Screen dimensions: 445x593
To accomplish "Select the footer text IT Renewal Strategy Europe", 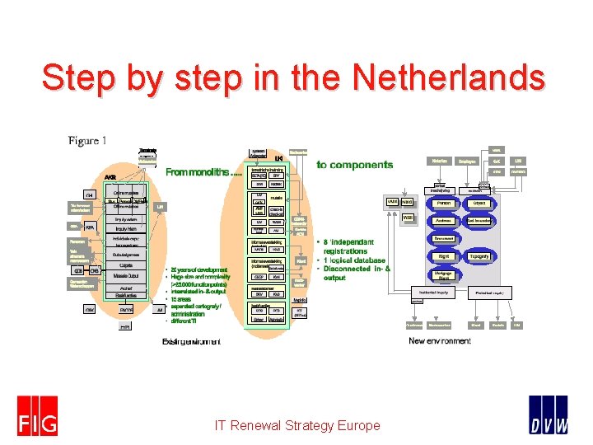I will click(296, 425).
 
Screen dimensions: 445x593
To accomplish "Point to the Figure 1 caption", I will click(87, 140).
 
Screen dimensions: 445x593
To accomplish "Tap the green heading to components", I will click(355, 165).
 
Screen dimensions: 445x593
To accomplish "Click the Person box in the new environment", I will click(444, 202).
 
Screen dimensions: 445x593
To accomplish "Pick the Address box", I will click(444, 220).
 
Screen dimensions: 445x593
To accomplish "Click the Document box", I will click(444, 238).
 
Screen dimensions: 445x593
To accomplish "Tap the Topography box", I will click(480, 256).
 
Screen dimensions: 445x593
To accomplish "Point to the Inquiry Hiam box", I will click(126, 228).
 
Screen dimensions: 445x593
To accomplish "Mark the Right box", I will click(444, 256).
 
